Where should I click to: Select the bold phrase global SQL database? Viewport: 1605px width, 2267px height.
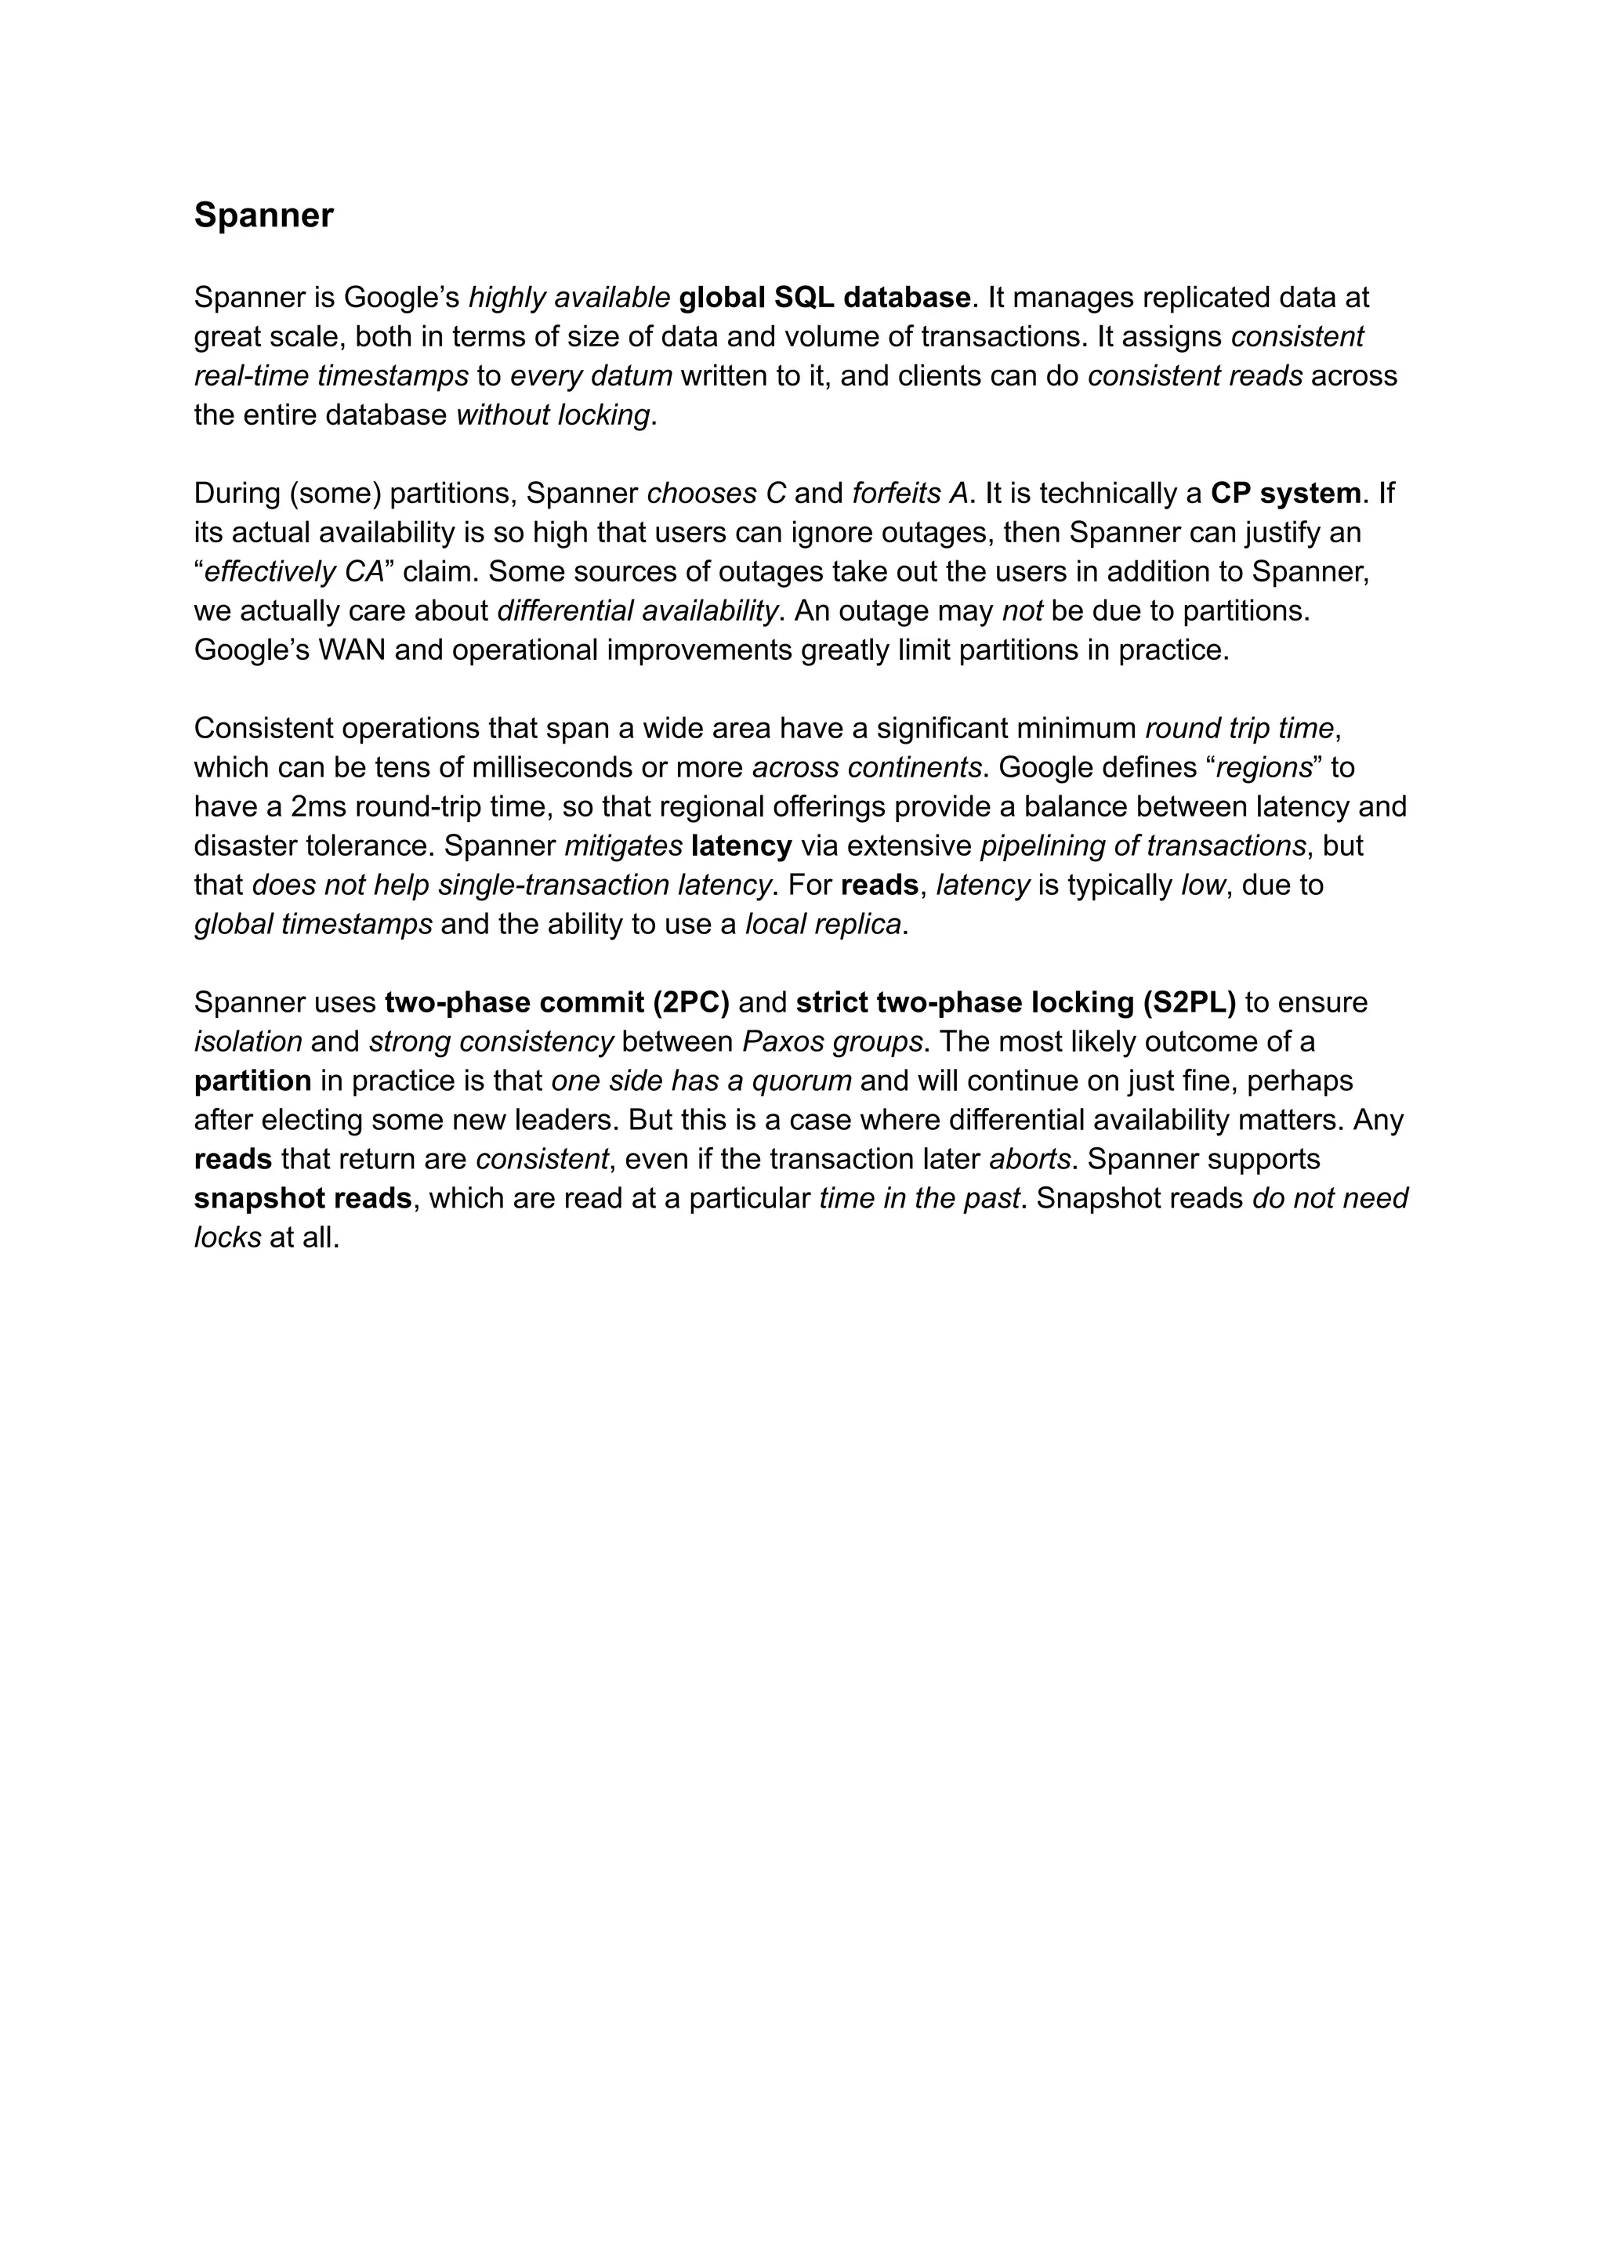tap(824, 298)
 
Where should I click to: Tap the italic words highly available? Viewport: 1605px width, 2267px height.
tap(569, 298)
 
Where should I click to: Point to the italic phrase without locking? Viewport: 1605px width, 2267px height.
tap(553, 415)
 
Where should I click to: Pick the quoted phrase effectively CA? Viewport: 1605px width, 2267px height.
tap(292, 572)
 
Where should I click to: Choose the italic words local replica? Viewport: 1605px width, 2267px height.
tap(822, 924)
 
